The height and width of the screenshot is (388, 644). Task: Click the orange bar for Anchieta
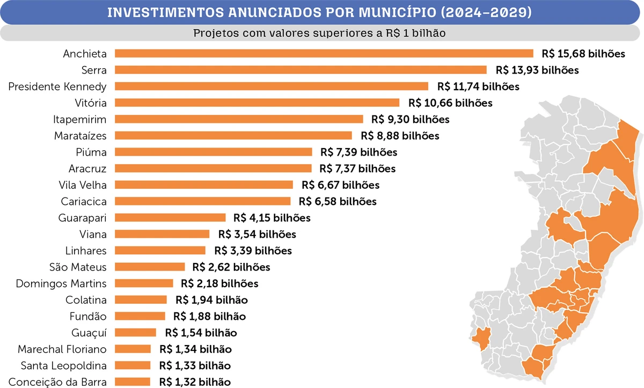click(x=324, y=53)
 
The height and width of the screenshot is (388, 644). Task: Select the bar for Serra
click(x=301, y=70)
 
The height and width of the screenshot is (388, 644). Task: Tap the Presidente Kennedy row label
click(x=57, y=86)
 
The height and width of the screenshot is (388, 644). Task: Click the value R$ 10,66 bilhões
click(x=450, y=103)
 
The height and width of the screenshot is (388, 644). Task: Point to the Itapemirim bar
click(x=239, y=119)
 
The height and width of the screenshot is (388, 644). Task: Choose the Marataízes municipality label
click(x=80, y=136)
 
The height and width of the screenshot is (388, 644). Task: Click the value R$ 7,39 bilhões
click(x=358, y=152)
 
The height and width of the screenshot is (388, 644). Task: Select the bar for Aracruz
click(x=213, y=169)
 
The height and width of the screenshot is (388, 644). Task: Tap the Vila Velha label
click(x=82, y=185)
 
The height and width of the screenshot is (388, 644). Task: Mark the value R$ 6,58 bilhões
click(x=338, y=202)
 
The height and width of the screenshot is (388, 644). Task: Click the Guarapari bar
click(x=170, y=217)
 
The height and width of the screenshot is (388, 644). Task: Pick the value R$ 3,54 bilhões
click(x=257, y=234)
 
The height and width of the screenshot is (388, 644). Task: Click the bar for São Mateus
click(x=150, y=267)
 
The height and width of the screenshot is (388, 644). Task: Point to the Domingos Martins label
click(x=61, y=283)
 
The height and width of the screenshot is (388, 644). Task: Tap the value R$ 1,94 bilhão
click(x=211, y=299)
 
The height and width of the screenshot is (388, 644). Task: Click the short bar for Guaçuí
click(x=135, y=333)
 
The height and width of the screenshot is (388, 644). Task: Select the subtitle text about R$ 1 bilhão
click(x=320, y=33)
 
